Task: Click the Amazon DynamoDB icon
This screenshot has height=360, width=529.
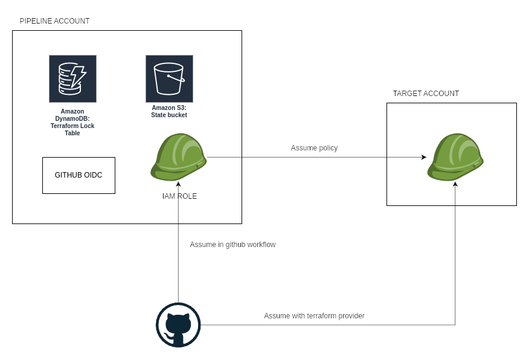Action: (x=72, y=79)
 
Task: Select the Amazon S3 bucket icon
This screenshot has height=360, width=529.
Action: (x=169, y=79)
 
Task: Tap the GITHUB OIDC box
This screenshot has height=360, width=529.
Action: (x=79, y=175)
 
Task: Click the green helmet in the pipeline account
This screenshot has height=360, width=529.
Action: (x=178, y=158)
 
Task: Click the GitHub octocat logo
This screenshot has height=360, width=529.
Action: (x=178, y=325)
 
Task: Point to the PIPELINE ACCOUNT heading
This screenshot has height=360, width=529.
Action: (x=54, y=21)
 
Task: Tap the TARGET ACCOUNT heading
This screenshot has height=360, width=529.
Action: (x=426, y=94)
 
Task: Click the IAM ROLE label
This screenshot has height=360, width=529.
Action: (x=179, y=196)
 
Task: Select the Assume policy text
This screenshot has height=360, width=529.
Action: (x=314, y=148)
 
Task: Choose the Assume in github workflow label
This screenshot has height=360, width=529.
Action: (x=232, y=245)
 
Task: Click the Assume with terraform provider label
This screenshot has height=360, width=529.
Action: (x=314, y=316)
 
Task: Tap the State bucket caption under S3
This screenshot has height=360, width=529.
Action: (x=169, y=115)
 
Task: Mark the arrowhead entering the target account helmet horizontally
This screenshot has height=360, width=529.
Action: (x=424, y=157)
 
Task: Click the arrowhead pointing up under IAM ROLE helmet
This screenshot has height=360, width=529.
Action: (x=178, y=184)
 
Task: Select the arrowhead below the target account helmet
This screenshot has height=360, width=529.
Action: (x=455, y=184)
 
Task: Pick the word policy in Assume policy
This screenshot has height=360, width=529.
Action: (x=327, y=148)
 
